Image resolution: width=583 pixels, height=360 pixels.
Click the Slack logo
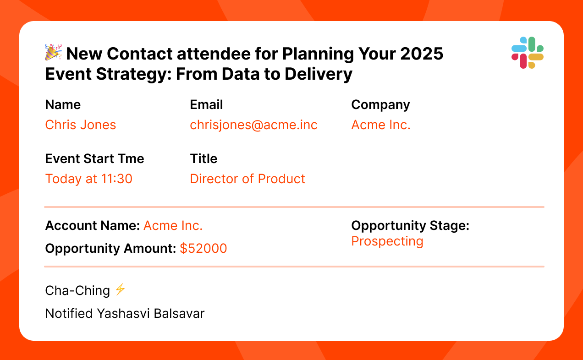[527, 53]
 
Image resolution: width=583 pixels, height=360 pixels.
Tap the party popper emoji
[53, 52]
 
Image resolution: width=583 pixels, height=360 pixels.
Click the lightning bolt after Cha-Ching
[120, 289]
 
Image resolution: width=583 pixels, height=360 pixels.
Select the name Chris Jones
[80, 125]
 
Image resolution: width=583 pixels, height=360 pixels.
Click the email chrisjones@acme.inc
[254, 125]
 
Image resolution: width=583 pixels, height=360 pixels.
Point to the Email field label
[206, 104]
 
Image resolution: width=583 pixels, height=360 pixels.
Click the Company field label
[380, 105]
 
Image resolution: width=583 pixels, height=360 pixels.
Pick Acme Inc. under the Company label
[381, 125]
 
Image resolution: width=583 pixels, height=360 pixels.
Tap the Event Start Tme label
[94, 158]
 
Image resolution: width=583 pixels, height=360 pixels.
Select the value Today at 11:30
[89, 179]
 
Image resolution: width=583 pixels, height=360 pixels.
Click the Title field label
[203, 158]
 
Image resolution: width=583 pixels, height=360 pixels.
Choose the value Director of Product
[247, 179]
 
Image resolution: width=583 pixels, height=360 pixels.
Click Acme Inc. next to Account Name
[173, 225]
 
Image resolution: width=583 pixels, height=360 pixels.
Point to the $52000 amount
[203, 248]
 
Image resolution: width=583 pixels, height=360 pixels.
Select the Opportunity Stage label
[411, 226]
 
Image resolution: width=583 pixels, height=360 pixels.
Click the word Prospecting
[387, 241]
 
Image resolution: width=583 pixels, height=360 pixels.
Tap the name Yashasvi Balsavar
[151, 313]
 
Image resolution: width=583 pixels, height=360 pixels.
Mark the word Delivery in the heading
[319, 74]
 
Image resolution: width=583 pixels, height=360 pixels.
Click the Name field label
[63, 104]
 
